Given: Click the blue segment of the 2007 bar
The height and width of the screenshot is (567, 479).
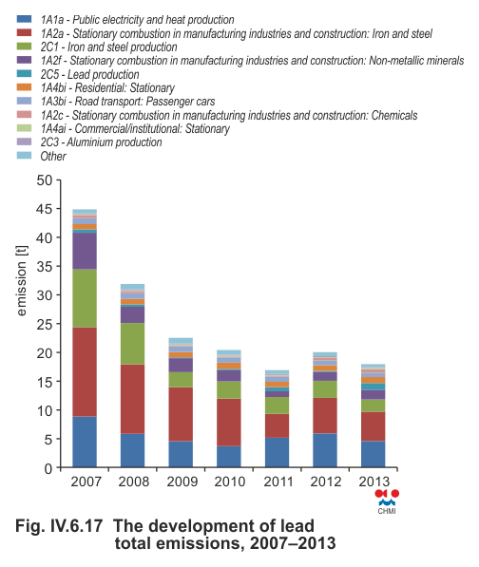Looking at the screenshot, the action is (x=85, y=442).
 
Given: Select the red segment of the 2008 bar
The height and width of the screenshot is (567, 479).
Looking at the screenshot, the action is (x=132, y=399).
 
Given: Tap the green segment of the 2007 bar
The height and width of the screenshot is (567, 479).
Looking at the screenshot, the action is (x=85, y=298).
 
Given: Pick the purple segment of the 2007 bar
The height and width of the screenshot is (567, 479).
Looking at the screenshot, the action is (x=85, y=251).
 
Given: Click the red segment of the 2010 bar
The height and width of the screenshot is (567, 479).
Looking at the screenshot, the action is (x=229, y=423).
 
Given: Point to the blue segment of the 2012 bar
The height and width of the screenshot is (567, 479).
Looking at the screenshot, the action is (x=325, y=450).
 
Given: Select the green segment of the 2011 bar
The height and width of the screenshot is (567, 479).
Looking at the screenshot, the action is (x=277, y=406).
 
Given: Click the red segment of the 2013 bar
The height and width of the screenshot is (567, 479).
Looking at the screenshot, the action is (x=373, y=426).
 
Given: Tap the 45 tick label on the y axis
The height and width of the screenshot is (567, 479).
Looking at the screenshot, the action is (x=44, y=209).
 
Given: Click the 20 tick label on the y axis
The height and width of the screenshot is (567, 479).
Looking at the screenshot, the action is (x=44, y=352).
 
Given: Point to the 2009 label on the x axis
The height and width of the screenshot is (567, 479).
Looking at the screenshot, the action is (x=182, y=482).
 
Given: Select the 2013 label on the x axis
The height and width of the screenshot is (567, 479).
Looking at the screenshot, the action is (x=374, y=482).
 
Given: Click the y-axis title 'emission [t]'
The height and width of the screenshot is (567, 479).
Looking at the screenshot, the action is (x=21, y=280).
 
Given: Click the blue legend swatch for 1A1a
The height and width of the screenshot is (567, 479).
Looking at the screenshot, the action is (x=25, y=19).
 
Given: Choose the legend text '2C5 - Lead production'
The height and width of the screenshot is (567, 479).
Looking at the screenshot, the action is (x=89, y=74).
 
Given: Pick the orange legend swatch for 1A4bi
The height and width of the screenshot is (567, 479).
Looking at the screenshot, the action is (x=25, y=87).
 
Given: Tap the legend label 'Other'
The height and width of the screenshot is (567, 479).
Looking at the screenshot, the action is (x=53, y=156).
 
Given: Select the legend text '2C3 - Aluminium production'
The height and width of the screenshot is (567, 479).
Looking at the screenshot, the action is (x=102, y=142).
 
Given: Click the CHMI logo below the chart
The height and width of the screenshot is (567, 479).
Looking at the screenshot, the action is (x=387, y=501).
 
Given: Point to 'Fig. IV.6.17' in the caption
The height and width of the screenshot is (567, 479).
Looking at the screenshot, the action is (x=59, y=526).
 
